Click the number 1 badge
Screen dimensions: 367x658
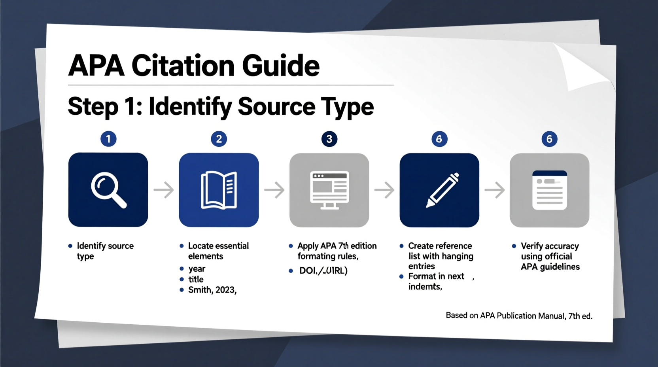(108, 139)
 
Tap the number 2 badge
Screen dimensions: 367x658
(219, 139)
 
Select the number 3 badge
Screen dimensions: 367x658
(329, 139)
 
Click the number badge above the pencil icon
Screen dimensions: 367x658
(439, 139)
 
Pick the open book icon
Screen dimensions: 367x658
(219, 190)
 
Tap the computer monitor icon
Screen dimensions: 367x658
(329, 190)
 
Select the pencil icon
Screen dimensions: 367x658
(442, 190)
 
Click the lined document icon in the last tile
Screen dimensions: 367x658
(549, 190)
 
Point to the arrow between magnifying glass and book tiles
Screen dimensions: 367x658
(164, 190)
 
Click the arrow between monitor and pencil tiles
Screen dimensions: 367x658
(384, 190)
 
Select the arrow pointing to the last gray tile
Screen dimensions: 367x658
(495, 190)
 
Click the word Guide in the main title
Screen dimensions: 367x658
(280, 66)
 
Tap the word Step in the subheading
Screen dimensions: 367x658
(93, 107)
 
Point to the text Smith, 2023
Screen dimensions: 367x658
(212, 290)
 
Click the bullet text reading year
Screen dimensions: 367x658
(197, 269)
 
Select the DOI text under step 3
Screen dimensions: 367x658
(323, 271)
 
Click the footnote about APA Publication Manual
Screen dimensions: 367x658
(519, 316)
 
